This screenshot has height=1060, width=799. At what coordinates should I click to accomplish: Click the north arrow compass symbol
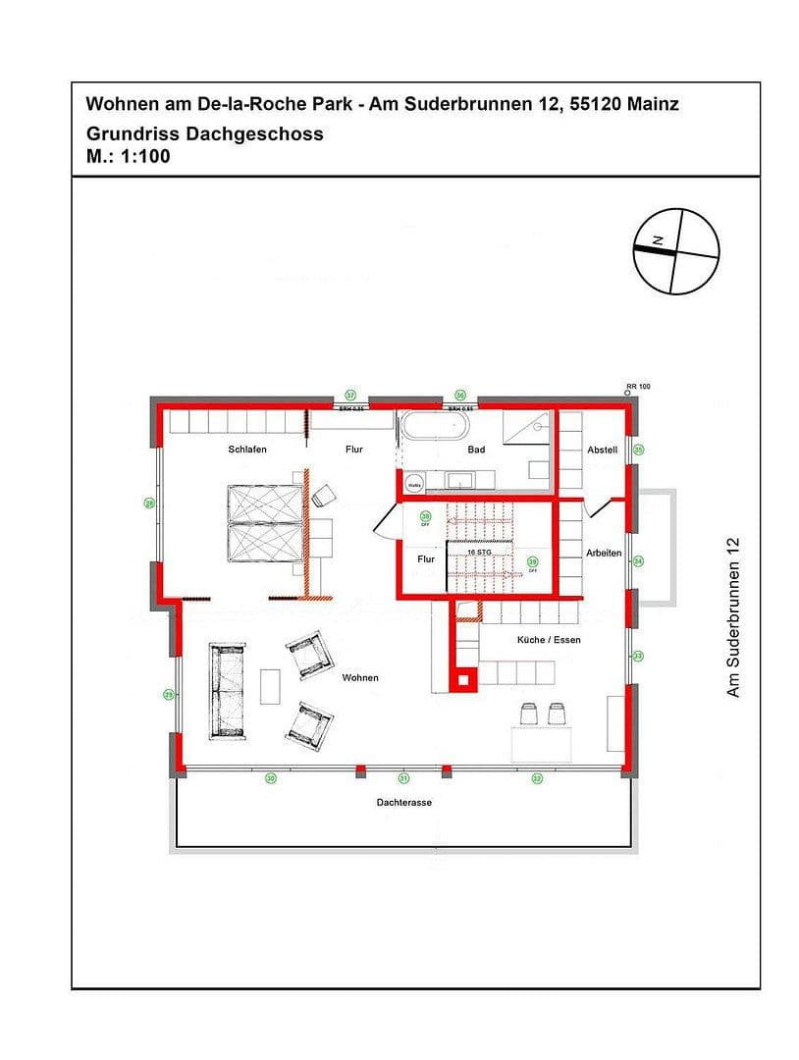click(x=675, y=251)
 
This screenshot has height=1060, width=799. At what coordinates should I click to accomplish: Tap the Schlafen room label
click(x=247, y=450)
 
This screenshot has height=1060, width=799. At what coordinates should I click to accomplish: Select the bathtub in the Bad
click(x=434, y=428)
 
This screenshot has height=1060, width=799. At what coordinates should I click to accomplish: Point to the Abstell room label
click(x=603, y=450)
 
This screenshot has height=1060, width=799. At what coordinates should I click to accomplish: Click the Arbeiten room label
click(x=604, y=554)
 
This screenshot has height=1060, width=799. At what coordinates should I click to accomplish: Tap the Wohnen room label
click(x=360, y=677)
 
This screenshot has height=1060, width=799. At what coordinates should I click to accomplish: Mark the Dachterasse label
click(x=403, y=802)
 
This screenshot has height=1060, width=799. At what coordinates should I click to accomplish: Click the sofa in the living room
click(x=227, y=691)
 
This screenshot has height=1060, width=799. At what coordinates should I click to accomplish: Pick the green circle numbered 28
click(x=150, y=503)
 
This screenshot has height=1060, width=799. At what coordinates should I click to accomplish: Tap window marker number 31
click(x=403, y=778)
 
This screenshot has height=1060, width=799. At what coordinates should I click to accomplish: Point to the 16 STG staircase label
click(x=479, y=552)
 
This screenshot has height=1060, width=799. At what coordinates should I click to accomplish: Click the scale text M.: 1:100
click(x=129, y=154)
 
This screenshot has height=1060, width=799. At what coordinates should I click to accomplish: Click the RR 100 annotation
click(x=638, y=387)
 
